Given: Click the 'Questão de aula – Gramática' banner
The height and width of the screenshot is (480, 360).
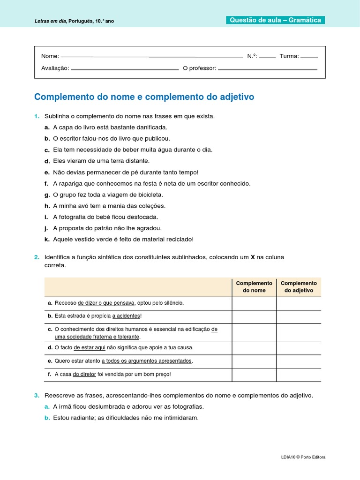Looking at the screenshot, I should click(x=275, y=20).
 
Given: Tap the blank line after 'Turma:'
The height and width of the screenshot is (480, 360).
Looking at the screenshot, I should click(x=309, y=57).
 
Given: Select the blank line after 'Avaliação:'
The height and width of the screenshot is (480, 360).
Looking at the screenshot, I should click(x=125, y=69).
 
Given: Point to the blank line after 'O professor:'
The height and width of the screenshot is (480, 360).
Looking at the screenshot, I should click(x=268, y=69).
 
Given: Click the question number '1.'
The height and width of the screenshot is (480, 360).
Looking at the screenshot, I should click(x=37, y=116).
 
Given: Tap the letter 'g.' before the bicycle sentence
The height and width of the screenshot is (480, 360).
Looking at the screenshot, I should click(x=47, y=195).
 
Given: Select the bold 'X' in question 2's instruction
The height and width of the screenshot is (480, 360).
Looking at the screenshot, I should click(x=253, y=257).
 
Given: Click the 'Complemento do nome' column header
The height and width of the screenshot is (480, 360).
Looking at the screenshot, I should click(x=254, y=287).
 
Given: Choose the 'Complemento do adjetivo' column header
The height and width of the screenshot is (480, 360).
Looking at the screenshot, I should click(x=299, y=287).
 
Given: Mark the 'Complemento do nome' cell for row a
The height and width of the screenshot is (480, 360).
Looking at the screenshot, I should click(x=254, y=303).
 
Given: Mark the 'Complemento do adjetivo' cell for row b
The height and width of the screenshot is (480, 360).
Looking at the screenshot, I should click(x=299, y=316).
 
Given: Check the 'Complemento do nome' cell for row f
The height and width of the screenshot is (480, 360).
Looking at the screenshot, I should click(x=254, y=375).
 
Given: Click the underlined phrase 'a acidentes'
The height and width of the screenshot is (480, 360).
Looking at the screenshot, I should click(x=126, y=316).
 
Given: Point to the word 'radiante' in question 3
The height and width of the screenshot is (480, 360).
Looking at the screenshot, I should click(x=81, y=418).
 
